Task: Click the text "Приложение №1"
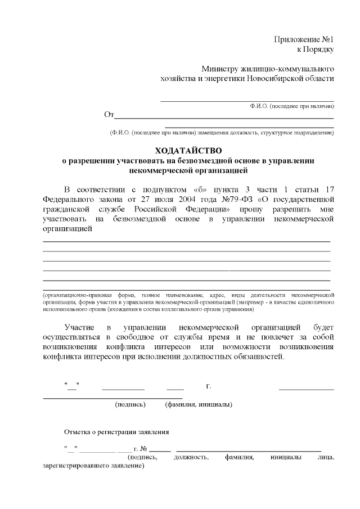click(x=304, y=40)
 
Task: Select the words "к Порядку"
click(x=316, y=49)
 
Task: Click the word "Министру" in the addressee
click(x=224, y=69)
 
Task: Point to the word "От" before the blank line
click(x=109, y=115)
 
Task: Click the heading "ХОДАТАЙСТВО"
click(x=188, y=151)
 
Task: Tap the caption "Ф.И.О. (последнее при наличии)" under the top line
click(x=292, y=106)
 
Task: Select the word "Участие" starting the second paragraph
click(x=80, y=327)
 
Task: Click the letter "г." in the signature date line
click(x=209, y=386)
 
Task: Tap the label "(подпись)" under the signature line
click(x=130, y=404)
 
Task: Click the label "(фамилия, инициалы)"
click(x=199, y=404)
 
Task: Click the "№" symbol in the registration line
click(x=143, y=449)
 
